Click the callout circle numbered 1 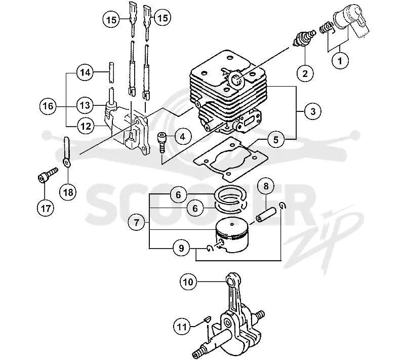pos(340,61)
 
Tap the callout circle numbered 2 pos(305,73)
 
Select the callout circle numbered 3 pos(313,111)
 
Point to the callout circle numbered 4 pos(183,136)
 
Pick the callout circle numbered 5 pos(276,140)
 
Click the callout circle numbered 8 pos(266,186)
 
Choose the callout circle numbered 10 pos(188,282)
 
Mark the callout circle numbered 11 pos(182,327)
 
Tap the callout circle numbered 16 pos(48,106)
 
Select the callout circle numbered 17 pos(46,208)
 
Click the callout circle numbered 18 pos(68,192)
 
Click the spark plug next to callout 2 pos(304,38)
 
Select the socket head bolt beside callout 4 pos(162,143)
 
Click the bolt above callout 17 pos(48,175)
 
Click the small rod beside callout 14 pos(111,72)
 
